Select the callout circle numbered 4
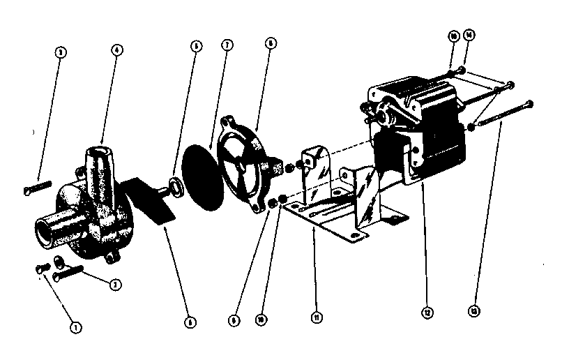coord(116,50)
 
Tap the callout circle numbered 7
coord(227,45)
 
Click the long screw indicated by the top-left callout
coord(39,187)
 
